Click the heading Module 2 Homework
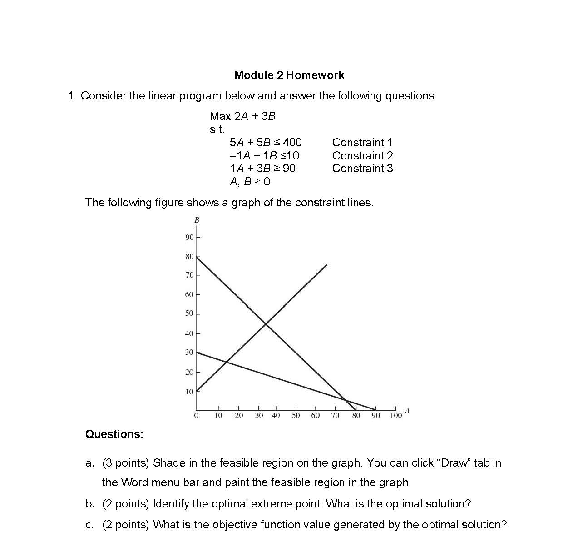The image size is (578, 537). click(289, 75)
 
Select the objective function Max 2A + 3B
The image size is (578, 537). click(242, 116)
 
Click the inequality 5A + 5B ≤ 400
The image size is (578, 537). click(266, 142)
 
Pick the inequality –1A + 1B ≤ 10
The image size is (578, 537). click(264, 155)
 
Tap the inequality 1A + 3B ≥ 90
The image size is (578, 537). click(262, 168)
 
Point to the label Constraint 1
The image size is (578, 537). click(362, 142)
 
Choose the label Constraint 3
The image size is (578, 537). click(362, 168)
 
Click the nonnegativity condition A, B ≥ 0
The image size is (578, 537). click(250, 181)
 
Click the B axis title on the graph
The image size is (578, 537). click(197, 220)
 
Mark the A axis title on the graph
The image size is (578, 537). click(407, 411)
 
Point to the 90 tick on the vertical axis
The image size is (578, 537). click(189, 237)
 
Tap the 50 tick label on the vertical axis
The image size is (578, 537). click(189, 313)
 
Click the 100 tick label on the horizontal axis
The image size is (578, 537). click(396, 416)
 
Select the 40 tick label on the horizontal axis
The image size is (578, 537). click(276, 416)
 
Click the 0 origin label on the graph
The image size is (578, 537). click(196, 416)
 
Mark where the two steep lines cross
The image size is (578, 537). click(265, 323)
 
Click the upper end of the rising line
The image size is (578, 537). click(326, 265)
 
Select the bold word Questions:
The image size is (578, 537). click(114, 434)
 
